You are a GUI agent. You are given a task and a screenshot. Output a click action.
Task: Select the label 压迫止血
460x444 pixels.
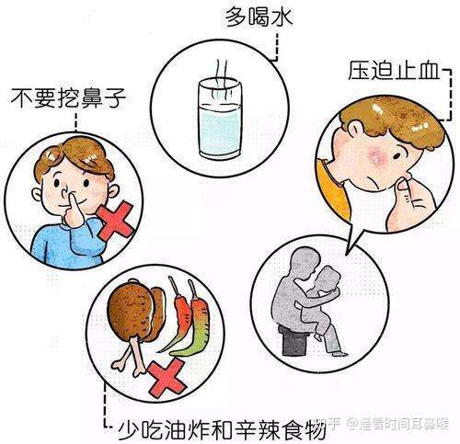388,71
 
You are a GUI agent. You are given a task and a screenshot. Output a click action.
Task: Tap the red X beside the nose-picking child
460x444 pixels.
114,223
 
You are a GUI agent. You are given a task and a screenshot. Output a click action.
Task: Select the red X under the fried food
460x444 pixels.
167,377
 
